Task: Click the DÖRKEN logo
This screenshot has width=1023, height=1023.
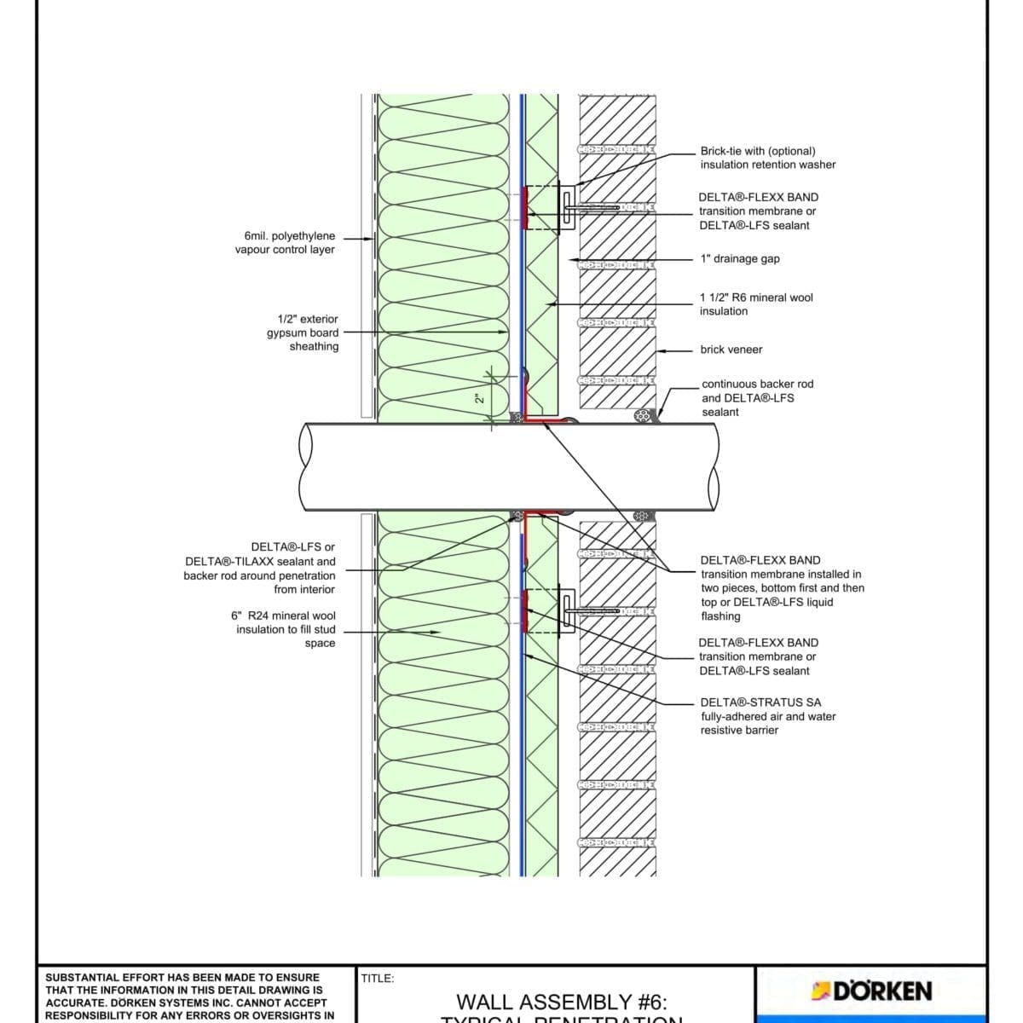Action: coord(871,991)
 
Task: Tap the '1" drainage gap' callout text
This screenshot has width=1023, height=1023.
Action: coord(739,259)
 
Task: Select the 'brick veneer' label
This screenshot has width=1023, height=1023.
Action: coord(731,350)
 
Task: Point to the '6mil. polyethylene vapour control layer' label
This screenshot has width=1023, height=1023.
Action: coord(285,243)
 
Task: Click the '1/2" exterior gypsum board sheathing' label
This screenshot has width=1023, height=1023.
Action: coord(303,332)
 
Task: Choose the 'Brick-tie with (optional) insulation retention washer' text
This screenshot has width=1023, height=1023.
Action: coord(767,158)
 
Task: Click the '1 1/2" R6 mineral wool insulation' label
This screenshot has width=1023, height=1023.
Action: coord(755,304)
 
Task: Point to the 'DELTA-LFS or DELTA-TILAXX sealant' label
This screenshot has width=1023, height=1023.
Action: coord(260,569)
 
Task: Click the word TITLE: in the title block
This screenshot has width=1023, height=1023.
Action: coord(378,979)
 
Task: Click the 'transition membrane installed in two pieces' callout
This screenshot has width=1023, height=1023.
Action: coord(781,588)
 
